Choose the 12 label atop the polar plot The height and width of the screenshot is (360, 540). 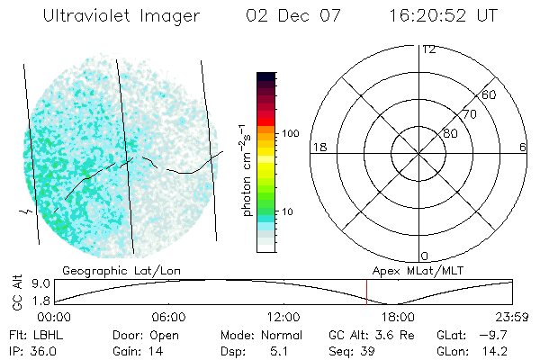(428, 49)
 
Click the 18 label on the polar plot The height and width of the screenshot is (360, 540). (318, 147)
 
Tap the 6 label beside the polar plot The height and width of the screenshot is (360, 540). (522, 147)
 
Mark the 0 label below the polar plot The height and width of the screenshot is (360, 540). (425, 256)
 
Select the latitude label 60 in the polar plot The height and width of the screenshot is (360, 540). (489, 94)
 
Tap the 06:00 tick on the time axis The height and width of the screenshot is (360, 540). (168, 318)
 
